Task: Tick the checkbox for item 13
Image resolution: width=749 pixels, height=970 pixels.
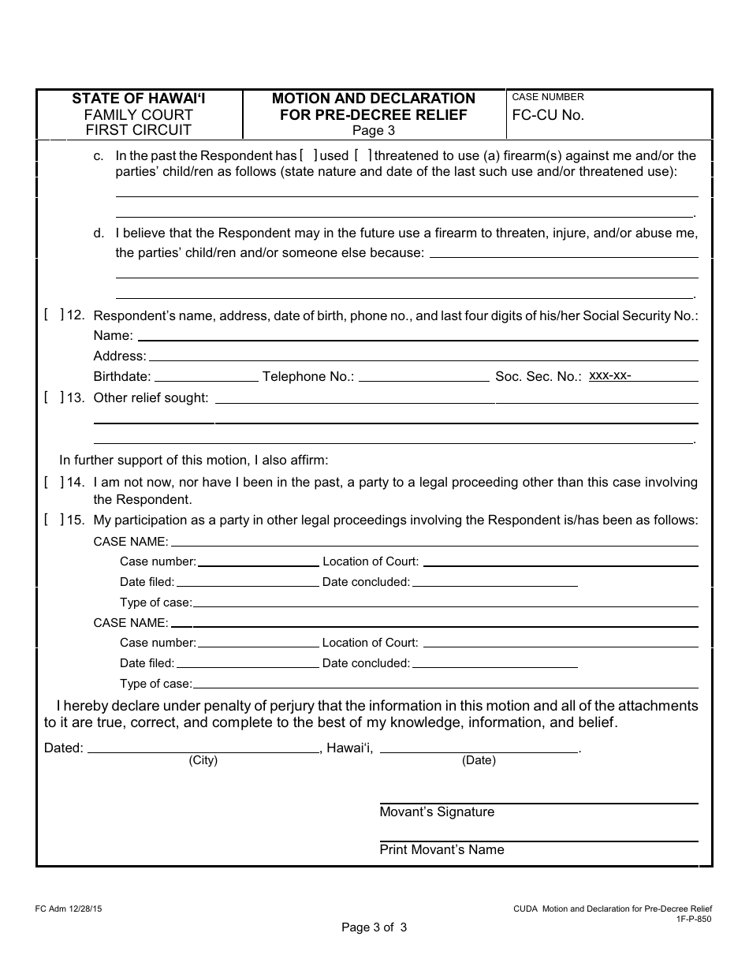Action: pyautogui.click(x=54, y=397)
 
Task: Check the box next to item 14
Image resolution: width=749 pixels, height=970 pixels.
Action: pyautogui.click(x=54, y=482)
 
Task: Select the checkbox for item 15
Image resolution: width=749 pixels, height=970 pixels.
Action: pyautogui.click(x=54, y=520)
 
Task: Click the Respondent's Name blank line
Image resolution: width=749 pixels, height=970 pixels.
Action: pyautogui.click(x=417, y=337)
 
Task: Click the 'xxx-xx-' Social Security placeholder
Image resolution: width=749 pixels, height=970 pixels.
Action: pyautogui.click(x=610, y=375)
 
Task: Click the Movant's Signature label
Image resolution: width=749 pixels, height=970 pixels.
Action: pyautogui.click(x=437, y=812)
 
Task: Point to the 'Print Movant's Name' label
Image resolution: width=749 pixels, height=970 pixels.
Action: pyautogui.click(x=442, y=849)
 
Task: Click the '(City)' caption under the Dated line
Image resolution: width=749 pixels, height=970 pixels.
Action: pyautogui.click(x=203, y=760)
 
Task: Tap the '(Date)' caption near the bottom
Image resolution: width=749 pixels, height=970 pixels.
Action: pyautogui.click(x=479, y=760)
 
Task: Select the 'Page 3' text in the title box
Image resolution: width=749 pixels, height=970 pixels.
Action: pyautogui.click(x=374, y=131)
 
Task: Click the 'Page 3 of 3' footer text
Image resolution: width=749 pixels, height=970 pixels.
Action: pyautogui.click(x=374, y=927)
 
